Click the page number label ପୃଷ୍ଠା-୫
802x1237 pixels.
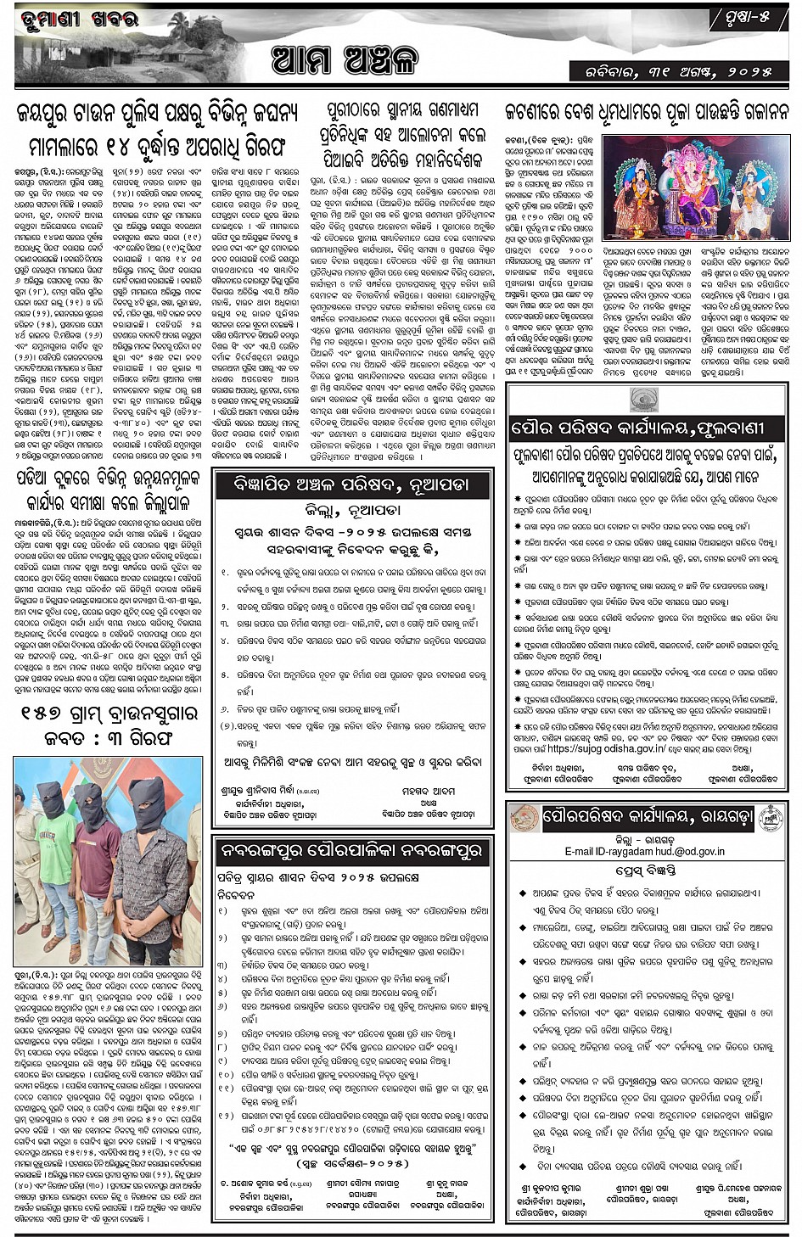[x=752, y=16]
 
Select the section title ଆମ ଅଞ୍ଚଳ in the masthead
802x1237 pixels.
[x=345, y=60]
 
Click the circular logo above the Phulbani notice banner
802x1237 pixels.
[x=644, y=400]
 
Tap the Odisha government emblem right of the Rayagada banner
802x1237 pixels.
[x=770, y=820]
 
